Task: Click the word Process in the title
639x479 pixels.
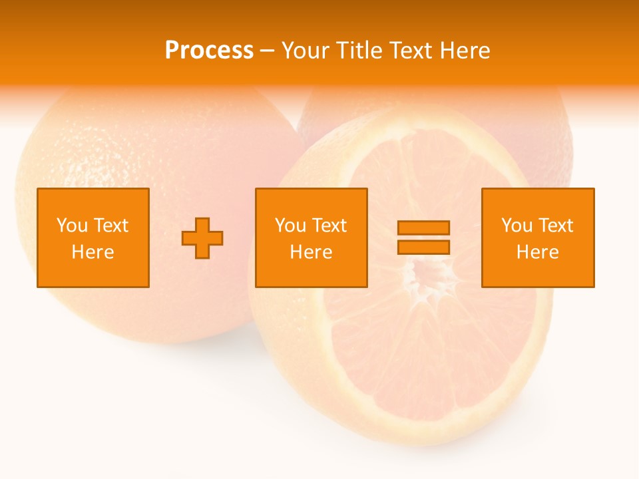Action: point(209,51)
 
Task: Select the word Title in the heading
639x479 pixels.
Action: point(359,51)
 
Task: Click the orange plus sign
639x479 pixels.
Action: point(202,238)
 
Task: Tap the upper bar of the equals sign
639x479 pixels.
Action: point(423,228)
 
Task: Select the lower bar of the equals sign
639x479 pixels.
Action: point(423,247)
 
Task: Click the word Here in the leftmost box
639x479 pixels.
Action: point(93,252)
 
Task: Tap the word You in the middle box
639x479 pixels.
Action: point(290,226)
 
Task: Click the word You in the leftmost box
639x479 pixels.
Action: point(72,226)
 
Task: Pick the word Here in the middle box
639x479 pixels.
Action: point(312,252)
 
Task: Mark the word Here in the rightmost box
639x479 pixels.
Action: point(538,252)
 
